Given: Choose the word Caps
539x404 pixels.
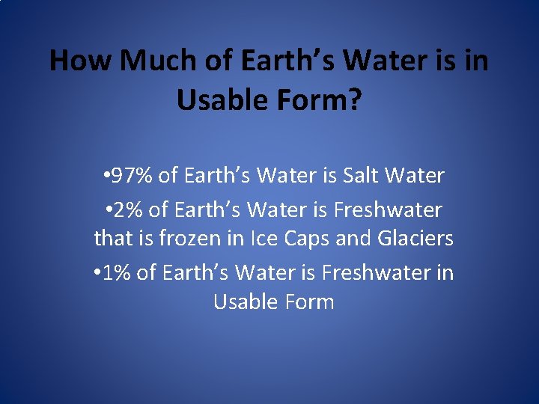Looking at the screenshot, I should (306, 239).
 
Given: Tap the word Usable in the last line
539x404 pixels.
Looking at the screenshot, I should (246, 302).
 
